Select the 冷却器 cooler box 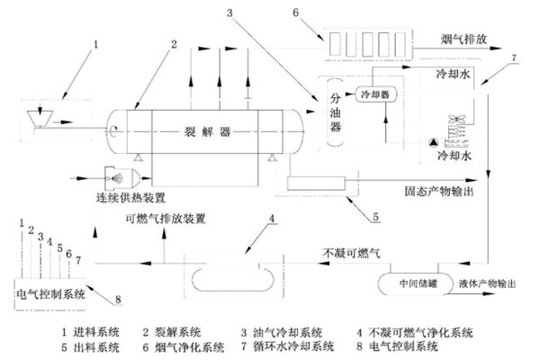373,94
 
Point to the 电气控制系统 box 50,293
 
